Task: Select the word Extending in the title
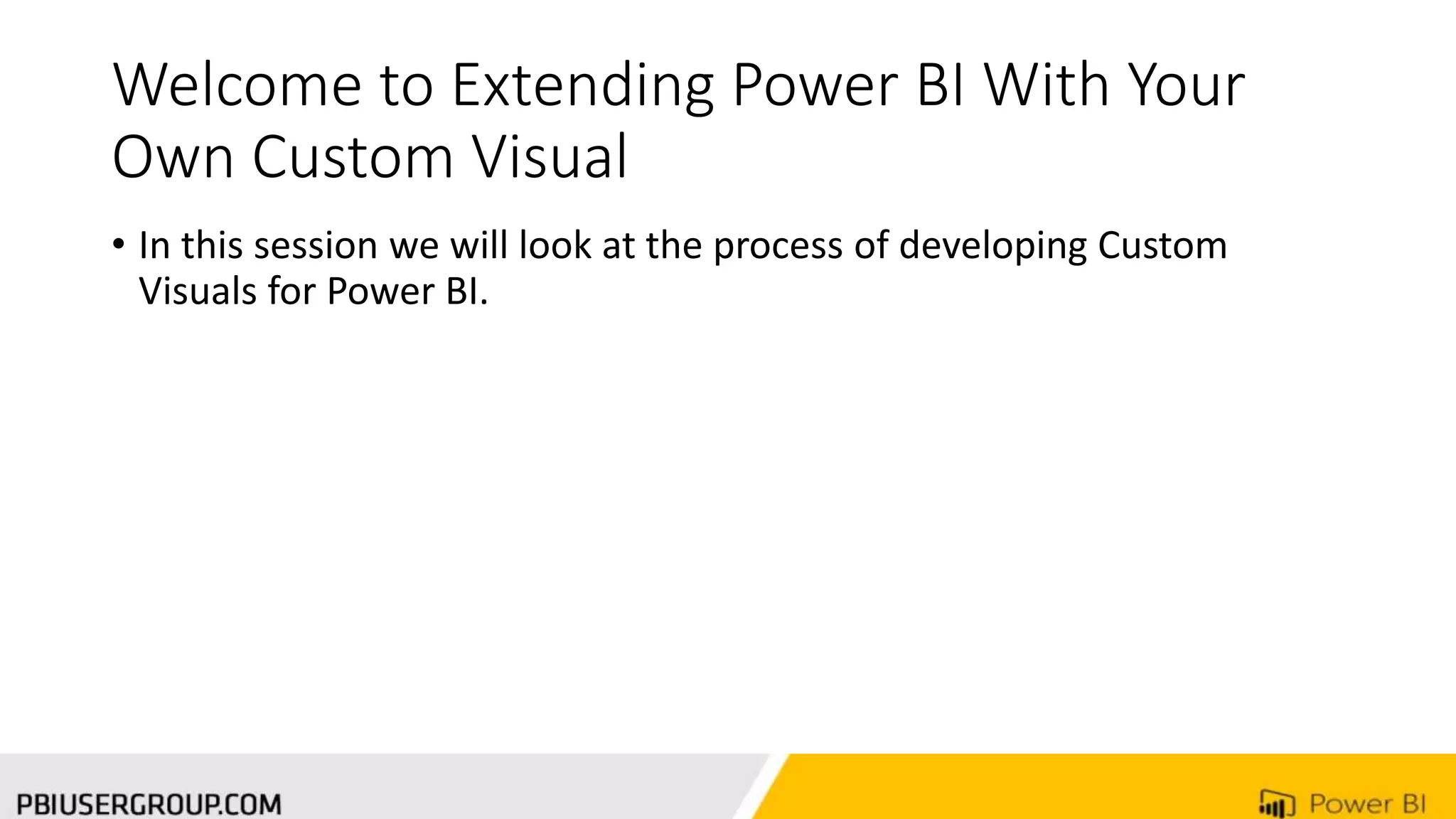coord(582,87)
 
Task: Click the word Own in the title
coord(173,157)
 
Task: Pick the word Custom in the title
coord(353,157)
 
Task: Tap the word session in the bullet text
coord(316,246)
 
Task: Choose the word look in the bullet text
coord(555,246)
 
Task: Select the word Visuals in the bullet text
coord(197,291)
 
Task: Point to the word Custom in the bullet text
coord(1162,246)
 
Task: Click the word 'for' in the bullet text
coord(291,291)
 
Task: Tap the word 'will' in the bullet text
coord(479,246)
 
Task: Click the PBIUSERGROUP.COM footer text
coord(149,805)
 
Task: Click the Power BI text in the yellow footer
coord(1366,804)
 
